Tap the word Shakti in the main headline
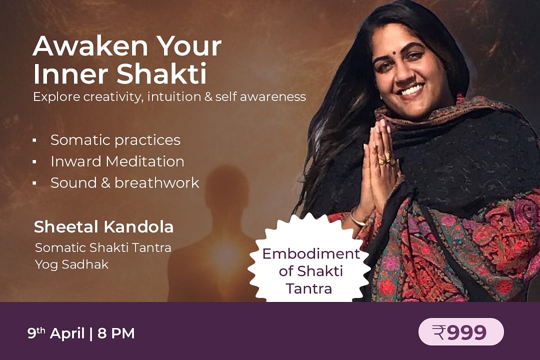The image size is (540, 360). click(x=161, y=73)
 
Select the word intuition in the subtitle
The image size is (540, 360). click(x=174, y=96)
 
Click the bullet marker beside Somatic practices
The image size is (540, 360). click(x=34, y=140)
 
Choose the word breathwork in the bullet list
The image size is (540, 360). click(x=156, y=182)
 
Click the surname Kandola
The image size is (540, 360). click(x=138, y=226)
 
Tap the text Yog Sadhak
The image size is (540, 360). click(x=71, y=265)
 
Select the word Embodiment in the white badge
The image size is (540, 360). click(x=311, y=254)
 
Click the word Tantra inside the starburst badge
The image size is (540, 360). click(x=309, y=288)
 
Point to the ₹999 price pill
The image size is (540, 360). click(x=461, y=332)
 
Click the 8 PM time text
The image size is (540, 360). click(x=116, y=333)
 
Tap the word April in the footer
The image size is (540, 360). click(x=67, y=334)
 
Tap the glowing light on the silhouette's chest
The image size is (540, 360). click(x=224, y=255)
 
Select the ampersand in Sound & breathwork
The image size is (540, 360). click(x=105, y=183)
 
